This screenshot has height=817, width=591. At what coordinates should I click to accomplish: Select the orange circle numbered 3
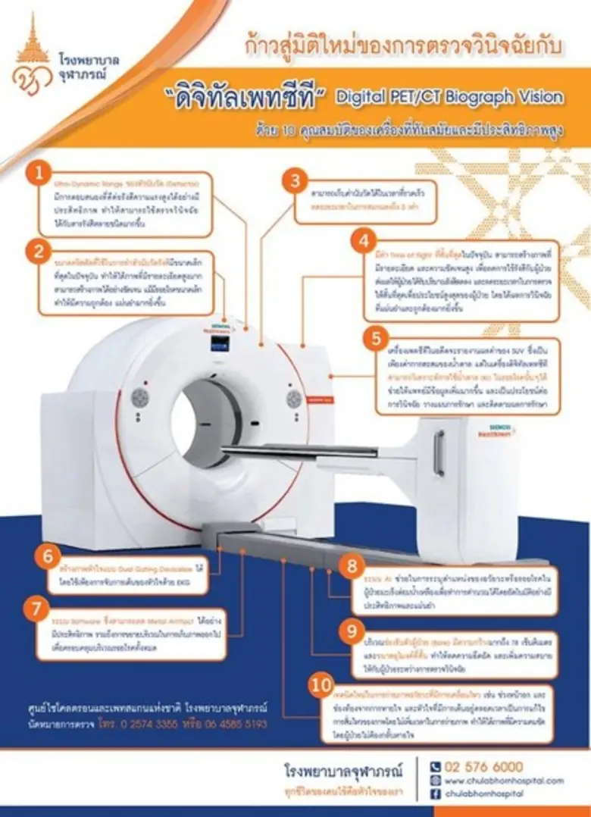point(295,182)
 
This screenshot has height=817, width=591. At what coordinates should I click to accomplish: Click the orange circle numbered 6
point(49,557)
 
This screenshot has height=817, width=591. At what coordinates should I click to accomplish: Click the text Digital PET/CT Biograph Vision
point(449,97)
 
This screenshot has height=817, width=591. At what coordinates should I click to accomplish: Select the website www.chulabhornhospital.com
point(503,780)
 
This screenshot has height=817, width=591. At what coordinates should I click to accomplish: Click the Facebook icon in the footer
point(435,793)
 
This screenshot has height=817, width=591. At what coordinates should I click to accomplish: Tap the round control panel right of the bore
point(293,398)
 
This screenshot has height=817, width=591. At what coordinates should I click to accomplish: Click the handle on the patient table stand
point(439,452)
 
